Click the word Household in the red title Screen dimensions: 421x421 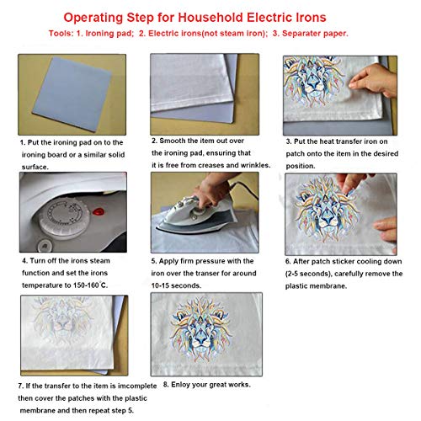click(x=211, y=18)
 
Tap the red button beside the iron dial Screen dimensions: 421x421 click(x=99, y=211)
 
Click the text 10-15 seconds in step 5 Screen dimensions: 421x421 click(x=176, y=285)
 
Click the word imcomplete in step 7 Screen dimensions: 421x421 click(x=137, y=386)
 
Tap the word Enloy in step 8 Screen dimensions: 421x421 click(x=180, y=385)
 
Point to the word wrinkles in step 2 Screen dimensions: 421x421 click(x=255, y=165)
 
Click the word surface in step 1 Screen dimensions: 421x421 click(x=35, y=167)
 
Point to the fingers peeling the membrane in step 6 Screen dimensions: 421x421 click(x=351, y=184)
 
